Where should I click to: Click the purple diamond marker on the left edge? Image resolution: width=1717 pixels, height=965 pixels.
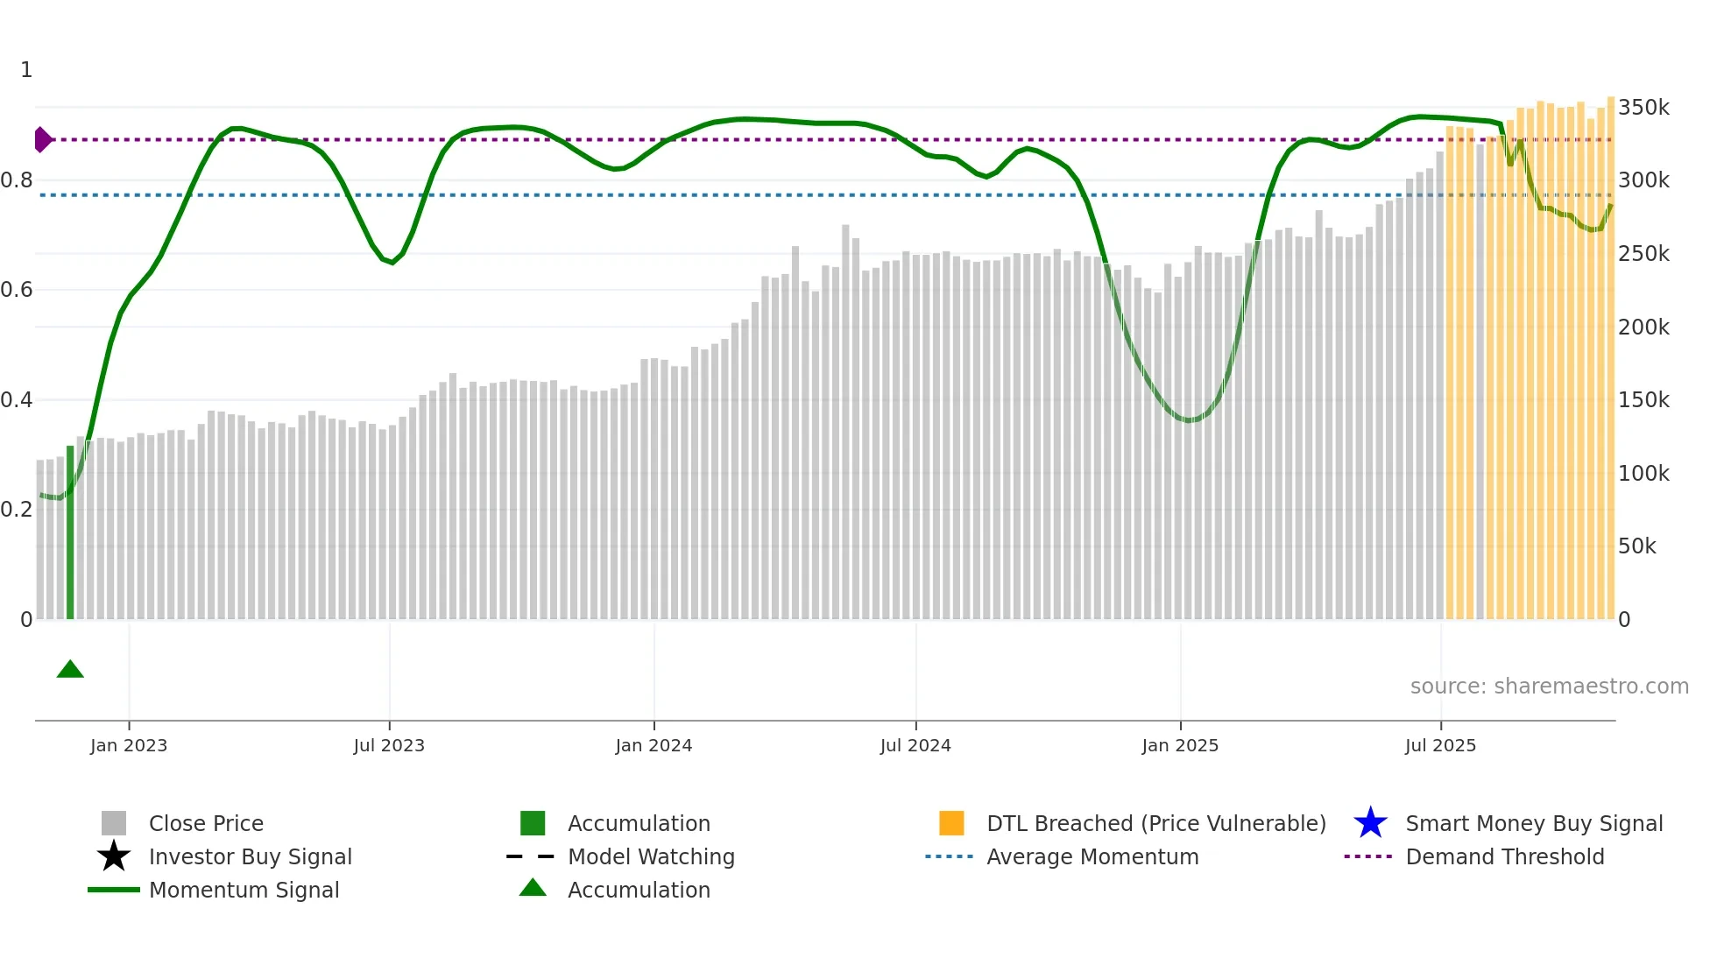coord(42,139)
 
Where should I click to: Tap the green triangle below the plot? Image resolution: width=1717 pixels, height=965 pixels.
coord(70,670)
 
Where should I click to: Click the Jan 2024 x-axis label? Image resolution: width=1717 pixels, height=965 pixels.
coord(654,745)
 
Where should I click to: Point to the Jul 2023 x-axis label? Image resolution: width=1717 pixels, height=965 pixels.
coord(389,745)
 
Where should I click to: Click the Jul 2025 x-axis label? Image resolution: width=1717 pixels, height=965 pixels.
coord(1440,745)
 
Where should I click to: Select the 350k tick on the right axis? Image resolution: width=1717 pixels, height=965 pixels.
coord(1643,108)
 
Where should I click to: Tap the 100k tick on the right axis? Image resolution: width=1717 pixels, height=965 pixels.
coord(1643,474)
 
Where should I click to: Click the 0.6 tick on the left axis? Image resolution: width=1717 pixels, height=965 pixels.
coord(17,290)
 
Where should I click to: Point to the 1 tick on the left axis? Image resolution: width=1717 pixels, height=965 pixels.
coord(26,70)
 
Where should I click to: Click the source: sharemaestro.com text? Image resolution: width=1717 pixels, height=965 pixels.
coord(1549,687)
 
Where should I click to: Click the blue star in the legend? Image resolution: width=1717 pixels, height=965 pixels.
coord(1370,823)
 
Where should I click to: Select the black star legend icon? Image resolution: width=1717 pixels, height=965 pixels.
coord(114,856)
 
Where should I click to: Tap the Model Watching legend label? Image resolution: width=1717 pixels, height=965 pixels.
coord(651,856)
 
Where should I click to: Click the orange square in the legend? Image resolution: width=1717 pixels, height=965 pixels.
coord(951,823)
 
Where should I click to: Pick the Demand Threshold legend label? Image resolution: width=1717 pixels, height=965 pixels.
coord(1504,856)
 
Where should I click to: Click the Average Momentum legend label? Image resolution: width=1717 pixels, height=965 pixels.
coord(1092,856)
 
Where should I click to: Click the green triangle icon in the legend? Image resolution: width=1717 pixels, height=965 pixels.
coord(533,888)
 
